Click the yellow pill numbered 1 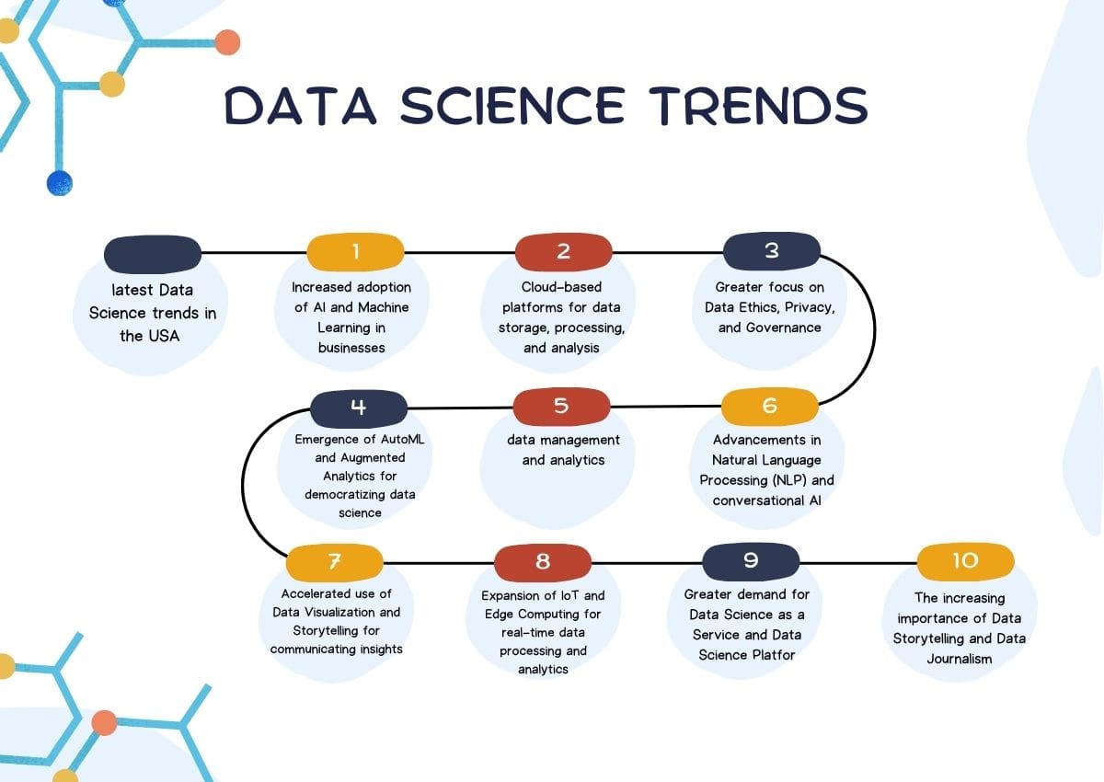pyautogui.click(x=355, y=251)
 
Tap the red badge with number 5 pyautogui.click(x=561, y=406)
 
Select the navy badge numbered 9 pyautogui.click(x=751, y=561)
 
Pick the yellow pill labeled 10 pyautogui.click(x=965, y=560)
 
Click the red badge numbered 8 pyautogui.click(x=542, y=561)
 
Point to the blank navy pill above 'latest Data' pyautogui.click(x=153, y=253)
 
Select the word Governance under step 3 pyautogui.click(x=769, y=328)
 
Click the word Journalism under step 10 pyautogui.click(x=960, y=659)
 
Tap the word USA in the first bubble pyautogui.click(x=163, y=336)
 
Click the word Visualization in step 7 pyautogui.click(x=359, y=612)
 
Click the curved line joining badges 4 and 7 pyautogui.click(x=243, y=483)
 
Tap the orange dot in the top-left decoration pyautogui.click(x=226, y=42)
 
